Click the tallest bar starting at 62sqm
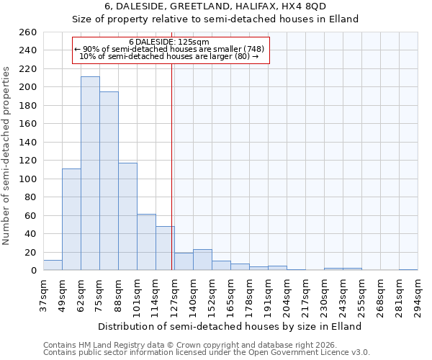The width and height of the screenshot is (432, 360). click(90, 173)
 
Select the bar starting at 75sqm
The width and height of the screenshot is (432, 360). click(109, 181)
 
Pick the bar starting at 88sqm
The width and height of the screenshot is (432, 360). click(127, 216)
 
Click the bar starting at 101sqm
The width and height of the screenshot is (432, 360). click(146, 242)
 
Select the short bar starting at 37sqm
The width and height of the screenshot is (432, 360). click(53, 265)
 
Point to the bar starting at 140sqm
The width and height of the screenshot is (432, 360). click(202, 260)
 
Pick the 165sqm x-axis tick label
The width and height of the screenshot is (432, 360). click(230, 295)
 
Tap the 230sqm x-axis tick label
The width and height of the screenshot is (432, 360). click(324, 295)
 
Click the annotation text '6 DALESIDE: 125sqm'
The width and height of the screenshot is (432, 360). click(169, 42)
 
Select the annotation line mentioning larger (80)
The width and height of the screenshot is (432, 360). click(169, 56)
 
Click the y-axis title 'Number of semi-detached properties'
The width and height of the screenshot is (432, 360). click(7, 155)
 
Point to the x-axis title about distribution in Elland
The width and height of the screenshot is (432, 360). click(230, 326)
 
